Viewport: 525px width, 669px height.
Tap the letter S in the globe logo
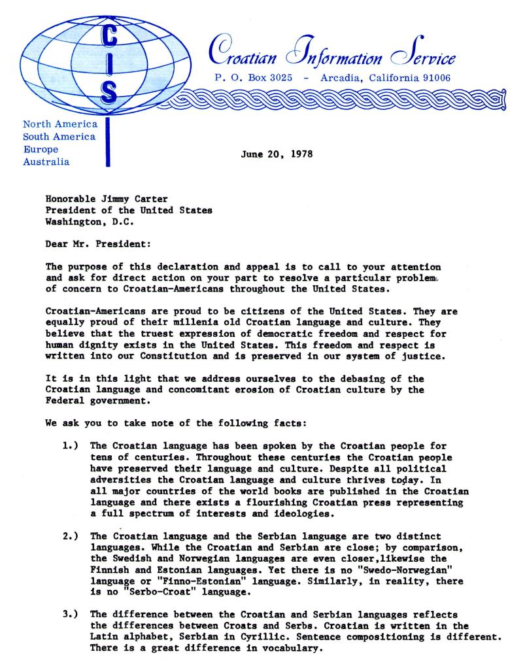click(x=108, y=94)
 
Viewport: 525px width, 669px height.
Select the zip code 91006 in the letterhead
click(x=431, y=78)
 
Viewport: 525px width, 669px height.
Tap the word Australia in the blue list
click(x=46, y=162)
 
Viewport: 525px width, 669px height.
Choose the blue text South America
click(x=59, y=137)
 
